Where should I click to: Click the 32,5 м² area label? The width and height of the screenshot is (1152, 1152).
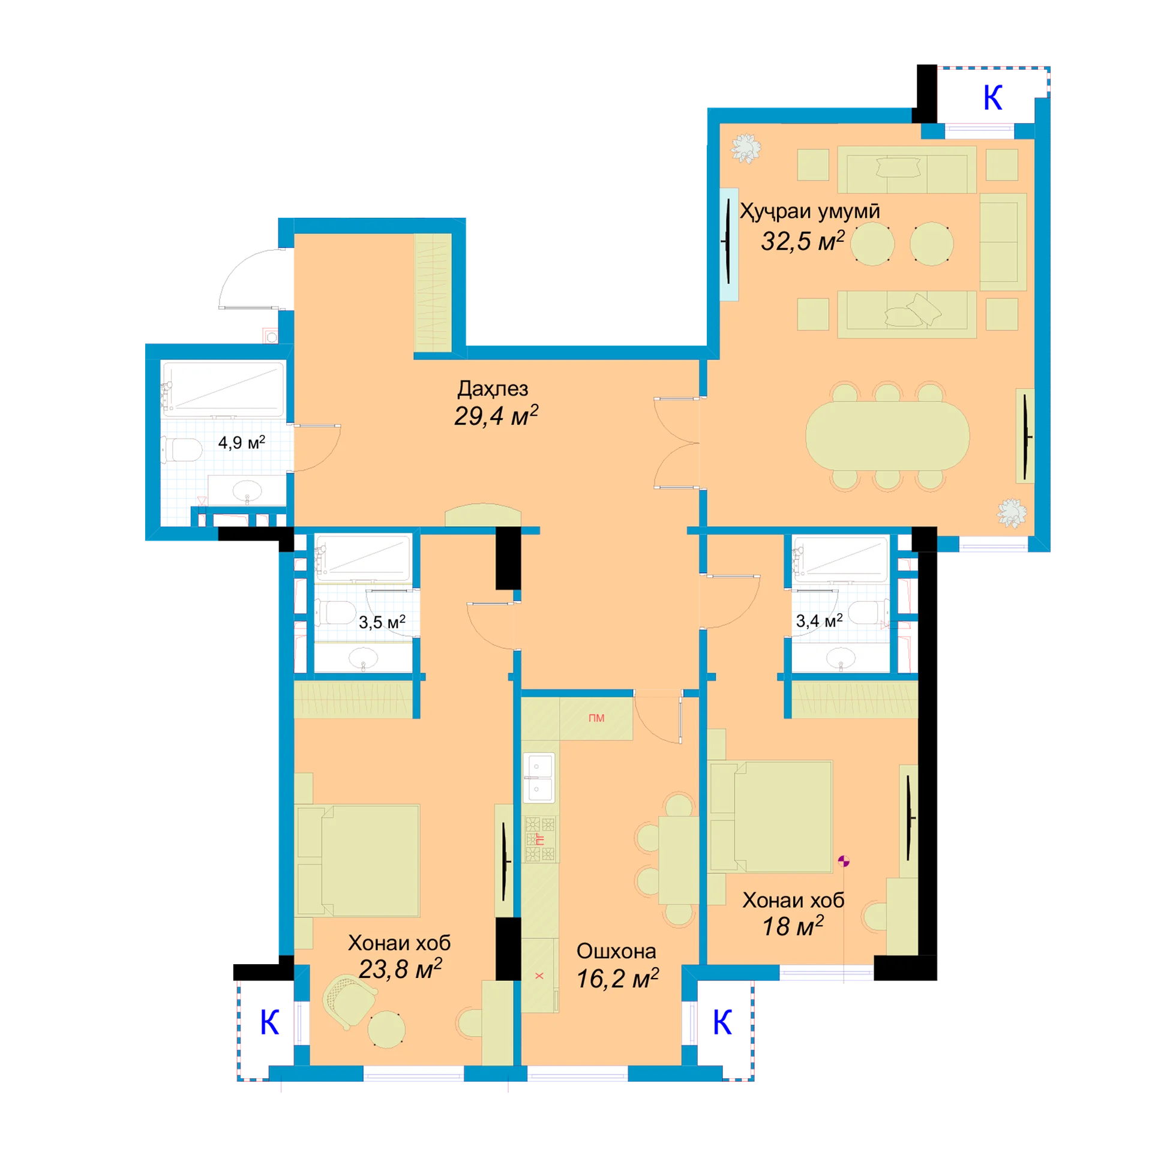(802, 241)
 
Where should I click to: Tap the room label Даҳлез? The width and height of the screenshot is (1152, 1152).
(493, 389)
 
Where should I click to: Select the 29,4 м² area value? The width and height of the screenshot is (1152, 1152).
(496, 415)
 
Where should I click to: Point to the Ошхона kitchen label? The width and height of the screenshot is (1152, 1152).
(616, 951)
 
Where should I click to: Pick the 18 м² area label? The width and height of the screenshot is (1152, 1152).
(793, 926)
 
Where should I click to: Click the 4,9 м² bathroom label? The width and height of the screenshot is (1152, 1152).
(241, 442)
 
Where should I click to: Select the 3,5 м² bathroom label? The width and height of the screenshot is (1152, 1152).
(382, 622)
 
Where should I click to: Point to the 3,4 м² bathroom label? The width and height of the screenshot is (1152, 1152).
(819, 620)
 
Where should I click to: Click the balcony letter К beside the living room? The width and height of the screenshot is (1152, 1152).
(992, 97)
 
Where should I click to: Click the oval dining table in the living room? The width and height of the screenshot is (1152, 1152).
(887, 436)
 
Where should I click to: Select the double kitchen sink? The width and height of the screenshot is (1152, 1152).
(539, 778)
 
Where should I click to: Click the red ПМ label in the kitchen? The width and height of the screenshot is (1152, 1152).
(596, 718)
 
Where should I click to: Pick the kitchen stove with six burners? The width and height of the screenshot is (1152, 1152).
(540, 839)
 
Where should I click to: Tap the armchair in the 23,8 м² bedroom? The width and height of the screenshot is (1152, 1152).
(349, 1002)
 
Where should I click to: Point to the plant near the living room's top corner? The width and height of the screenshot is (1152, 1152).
(746, 148)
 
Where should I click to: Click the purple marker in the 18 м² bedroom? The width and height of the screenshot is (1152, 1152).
(844, 862)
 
